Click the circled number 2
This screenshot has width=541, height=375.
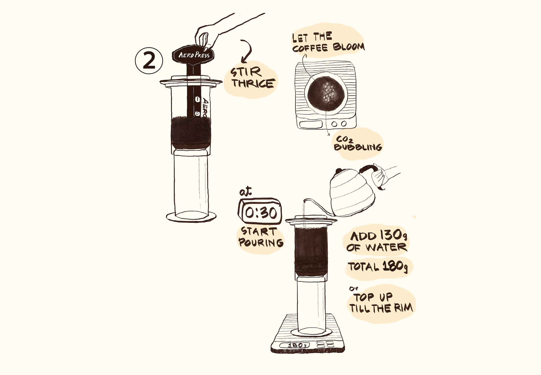149,61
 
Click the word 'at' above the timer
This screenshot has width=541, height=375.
245,192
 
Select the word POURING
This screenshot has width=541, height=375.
261,242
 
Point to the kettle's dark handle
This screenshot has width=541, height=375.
367,168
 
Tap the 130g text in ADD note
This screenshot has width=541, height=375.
393,235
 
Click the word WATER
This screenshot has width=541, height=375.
386,247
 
